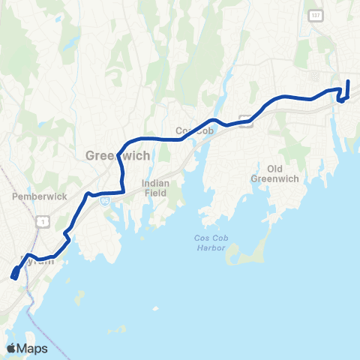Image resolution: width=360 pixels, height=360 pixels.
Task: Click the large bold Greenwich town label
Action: (118, 155)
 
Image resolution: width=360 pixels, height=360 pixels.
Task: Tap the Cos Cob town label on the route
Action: (190, 130)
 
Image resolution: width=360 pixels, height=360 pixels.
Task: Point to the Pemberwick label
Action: (40, 196)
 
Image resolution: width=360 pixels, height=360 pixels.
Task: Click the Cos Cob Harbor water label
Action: (204, 244)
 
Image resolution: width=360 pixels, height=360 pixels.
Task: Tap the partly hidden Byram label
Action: (41, 262)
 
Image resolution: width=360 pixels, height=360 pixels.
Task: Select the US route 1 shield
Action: (43, 221)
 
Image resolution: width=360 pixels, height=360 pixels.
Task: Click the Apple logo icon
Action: (12, 348)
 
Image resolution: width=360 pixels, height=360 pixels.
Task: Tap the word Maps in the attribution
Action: (32, 348)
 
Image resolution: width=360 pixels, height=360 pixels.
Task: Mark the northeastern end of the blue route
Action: (348, 80)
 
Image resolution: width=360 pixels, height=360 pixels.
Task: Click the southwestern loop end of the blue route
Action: (14, 275)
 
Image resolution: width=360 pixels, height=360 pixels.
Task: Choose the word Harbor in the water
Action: (204, 249)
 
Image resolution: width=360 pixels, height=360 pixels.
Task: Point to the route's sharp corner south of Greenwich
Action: (123, 181)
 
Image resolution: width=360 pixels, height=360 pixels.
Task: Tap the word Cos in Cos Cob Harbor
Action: (194, 239)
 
